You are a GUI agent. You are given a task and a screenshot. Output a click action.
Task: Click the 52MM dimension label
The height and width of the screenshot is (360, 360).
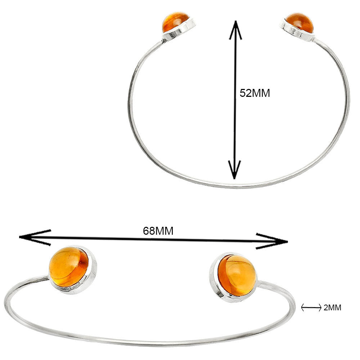point(255,93)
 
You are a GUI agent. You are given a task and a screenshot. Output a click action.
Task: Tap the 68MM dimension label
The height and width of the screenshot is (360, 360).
point(158,231)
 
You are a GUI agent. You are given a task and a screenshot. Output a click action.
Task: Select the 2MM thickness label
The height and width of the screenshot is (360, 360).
point(332,308)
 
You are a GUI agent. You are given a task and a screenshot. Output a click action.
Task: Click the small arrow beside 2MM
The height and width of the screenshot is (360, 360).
point(311,307)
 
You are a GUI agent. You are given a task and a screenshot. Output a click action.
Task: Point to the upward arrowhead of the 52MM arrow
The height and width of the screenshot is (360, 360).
point(235,30)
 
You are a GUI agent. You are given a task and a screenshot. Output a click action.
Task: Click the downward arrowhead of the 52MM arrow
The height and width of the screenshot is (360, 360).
point(234,170)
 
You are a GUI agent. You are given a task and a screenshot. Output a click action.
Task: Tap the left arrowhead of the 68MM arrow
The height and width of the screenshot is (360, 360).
point(35,237)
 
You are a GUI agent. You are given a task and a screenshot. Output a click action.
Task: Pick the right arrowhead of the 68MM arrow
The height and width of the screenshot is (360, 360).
point(272,241)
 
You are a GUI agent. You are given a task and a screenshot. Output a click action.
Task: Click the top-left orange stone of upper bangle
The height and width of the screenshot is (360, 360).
point(175,22)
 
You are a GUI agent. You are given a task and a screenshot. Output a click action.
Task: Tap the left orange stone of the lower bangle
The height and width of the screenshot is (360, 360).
point(68,267)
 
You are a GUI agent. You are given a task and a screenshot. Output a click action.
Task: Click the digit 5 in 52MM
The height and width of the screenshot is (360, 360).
point(243,93)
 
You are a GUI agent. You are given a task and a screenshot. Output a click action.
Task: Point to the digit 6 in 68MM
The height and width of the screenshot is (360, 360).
point(146,231)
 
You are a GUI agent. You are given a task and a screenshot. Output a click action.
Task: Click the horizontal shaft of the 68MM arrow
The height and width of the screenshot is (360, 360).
point(153,239)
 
